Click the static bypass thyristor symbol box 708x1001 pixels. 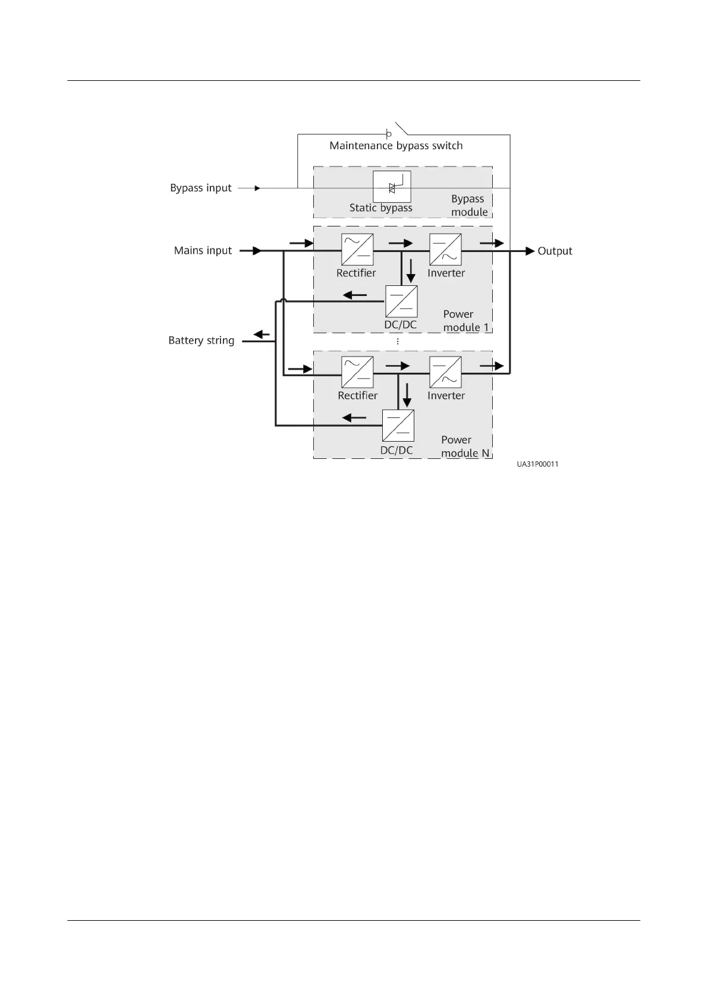(x=392, y=187)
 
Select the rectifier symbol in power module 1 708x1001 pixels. (x=357, y=250)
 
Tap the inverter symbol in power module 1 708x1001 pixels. (x=445, y=250)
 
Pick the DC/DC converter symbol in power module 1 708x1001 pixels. (x=401, y=301)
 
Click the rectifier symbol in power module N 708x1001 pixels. (x=357, y=372)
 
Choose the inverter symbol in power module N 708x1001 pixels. (x=445, y=372)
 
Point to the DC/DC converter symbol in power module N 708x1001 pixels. (x=398, y=426)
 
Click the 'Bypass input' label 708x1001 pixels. (x=200, y=188)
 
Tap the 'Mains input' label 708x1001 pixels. (x=203, y=250)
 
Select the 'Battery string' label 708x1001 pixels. (x=201, y=341)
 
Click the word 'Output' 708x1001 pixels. (x=555, y=251)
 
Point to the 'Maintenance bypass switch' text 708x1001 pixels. (x=396, y=146)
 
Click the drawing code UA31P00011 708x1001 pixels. (x=537, y=465)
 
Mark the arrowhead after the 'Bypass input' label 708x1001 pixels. (x=257, y=188)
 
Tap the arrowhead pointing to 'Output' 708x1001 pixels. (x=530, y=251)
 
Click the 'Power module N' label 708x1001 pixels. (x=465, y=446)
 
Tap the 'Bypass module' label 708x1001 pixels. (x=468, y=205)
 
